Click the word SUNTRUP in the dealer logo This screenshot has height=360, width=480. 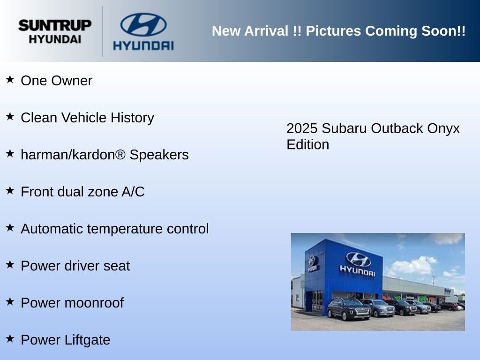click(55, 25)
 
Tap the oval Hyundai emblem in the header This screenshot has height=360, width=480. click(143, 24)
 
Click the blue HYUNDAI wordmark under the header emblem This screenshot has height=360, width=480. click(143, 45)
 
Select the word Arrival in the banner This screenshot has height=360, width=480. click(266, 31)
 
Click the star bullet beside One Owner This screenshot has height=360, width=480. click(10, 79)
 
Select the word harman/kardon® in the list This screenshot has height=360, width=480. click(73, 155)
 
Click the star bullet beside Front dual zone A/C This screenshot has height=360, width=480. click(10, 190)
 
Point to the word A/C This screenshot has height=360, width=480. click(133, 192)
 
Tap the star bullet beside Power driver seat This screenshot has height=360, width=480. click(10, 264)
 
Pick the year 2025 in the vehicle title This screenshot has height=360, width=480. click(302, 128)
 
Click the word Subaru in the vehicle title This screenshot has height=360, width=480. click(344, 128)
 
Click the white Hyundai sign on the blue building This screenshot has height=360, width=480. click(358, 265)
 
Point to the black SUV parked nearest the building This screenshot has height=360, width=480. click(349, 309)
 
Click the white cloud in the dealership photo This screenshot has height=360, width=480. click(411, 265)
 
